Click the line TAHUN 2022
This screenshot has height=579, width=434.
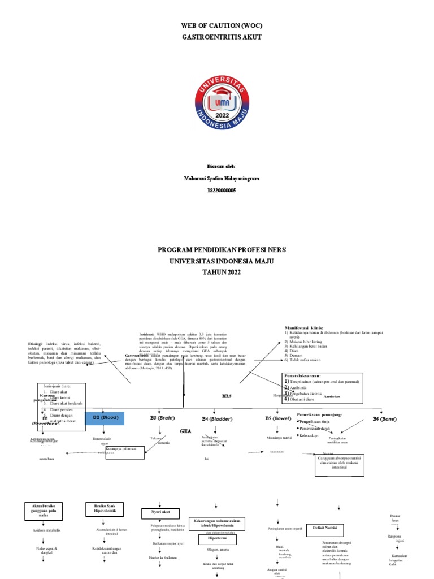(x=217, y=273)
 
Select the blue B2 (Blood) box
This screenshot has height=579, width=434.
(x=105, y=418)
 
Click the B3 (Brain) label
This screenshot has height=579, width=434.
(x=162, y=417)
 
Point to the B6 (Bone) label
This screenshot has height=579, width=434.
(x=384, y=418)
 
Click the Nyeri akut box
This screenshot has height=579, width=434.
(x=159, y=512)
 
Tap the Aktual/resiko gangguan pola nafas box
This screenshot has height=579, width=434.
(x=43, y=508)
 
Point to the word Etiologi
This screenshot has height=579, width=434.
(x=36, y=343)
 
